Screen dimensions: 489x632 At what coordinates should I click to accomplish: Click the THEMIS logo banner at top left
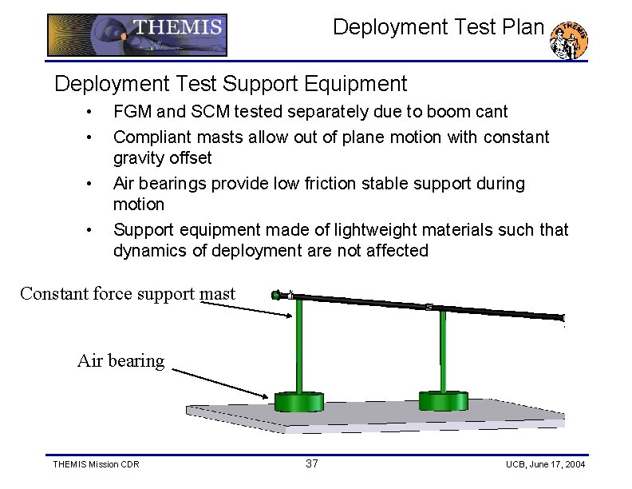coord(137,34)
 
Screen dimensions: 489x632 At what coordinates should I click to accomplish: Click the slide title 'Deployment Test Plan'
coord(437,27)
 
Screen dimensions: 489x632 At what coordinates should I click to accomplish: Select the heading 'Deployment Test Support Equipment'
coord(231,84)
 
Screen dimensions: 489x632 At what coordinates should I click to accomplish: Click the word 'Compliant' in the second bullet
coord(152,137)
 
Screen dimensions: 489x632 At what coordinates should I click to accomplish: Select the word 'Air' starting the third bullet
coord(125,184)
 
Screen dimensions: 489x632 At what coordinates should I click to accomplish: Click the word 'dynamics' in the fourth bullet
coord(149,251)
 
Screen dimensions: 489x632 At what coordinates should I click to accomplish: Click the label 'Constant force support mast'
coord(128,294)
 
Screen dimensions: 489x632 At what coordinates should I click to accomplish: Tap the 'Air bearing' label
coord(120,361)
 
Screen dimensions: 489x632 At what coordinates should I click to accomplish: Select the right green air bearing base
coord(443,400)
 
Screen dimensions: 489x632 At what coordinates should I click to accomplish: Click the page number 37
coord(312,464)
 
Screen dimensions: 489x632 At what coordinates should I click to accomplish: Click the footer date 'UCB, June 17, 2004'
coord(545,464)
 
